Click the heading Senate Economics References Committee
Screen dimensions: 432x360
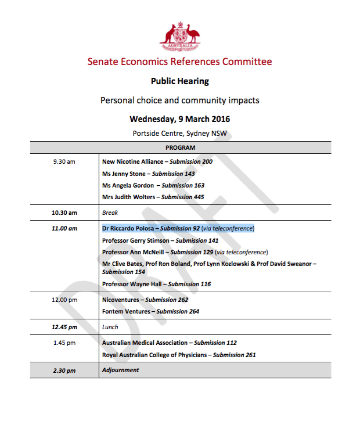tap(179, 62)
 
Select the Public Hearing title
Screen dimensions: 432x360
tap(179, 81)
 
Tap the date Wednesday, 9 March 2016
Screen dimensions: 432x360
tap(179, 119)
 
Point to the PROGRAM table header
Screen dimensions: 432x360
tap(180, 148)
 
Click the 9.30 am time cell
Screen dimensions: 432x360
tap(64, 161)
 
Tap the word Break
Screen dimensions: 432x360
tap(110, 213)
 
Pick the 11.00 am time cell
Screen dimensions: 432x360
tap(64, 228)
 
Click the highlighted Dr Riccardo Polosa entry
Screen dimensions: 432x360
tap(178, 228)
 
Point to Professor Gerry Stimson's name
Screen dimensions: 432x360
tap(136, 240)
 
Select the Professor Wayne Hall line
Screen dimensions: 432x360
tap(156, 284)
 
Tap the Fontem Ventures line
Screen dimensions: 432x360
tap(150, 311)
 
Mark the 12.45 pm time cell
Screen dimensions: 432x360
tap(64, 327)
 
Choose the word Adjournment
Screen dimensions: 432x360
tap(120, 370)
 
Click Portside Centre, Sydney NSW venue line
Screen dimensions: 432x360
tap(179, 133)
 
